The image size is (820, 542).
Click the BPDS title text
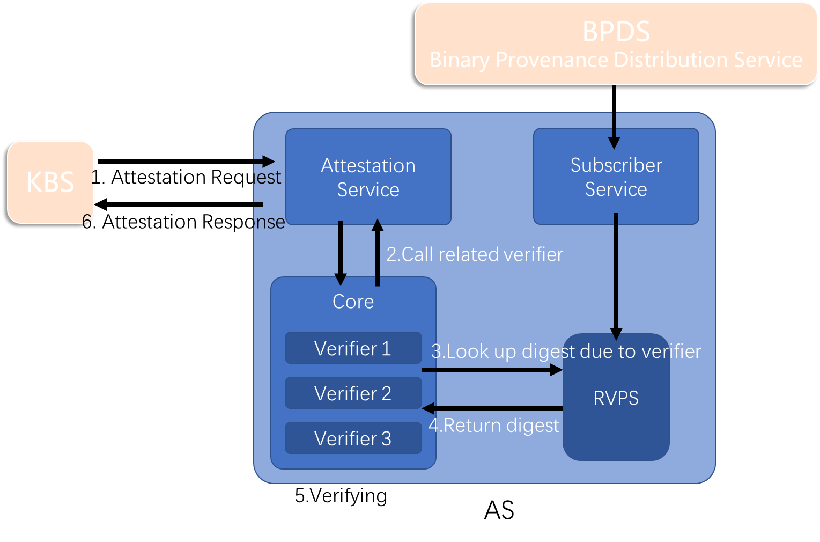(616, 32)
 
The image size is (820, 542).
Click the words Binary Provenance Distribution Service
(616, 60)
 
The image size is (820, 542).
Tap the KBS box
(50, 182)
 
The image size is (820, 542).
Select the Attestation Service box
(368, 177)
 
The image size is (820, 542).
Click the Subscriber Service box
(616, 177)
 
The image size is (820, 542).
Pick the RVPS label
(616, 398)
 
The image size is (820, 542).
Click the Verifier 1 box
(353, 348)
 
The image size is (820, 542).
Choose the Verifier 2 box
(353, 393)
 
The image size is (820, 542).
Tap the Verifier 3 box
(353, 438)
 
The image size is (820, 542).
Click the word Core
(353, 302)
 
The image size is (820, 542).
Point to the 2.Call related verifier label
(475, 254)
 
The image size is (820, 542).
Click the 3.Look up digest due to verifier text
(566, 351)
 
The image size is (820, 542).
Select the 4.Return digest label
(493, 426)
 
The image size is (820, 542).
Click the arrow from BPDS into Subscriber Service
(614, 129)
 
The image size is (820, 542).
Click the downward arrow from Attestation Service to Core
(340, 252)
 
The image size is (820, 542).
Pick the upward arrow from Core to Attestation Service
(378, 252)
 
